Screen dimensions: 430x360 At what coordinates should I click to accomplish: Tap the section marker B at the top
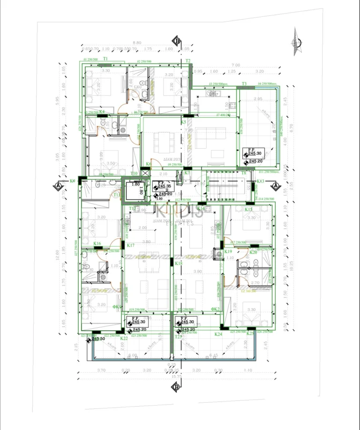[x=177, y=41]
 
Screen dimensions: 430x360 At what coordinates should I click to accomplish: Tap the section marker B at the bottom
[x=176, y=387]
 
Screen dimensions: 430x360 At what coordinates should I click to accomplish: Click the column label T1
[x=105, y=59]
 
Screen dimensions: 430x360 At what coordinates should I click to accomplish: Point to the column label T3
[x=244, y=84]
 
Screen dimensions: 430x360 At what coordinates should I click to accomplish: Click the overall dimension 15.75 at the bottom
[x=176, y=377]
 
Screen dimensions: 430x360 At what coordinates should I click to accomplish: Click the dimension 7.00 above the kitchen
[x=235, y=65]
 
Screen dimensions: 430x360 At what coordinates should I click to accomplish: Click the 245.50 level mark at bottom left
[x=98, y=339]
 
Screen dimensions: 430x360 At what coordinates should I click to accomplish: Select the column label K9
[x=72, y=181]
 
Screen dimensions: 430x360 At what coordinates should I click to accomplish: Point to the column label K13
[x=261, y=181]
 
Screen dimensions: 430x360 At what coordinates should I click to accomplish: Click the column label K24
[x=218, y=334]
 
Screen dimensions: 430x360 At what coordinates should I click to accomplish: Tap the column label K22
[x=124, y=338]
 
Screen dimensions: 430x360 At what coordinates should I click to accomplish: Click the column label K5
[x=184, y=122]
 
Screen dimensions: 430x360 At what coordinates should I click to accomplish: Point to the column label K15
[x=248, y=210]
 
